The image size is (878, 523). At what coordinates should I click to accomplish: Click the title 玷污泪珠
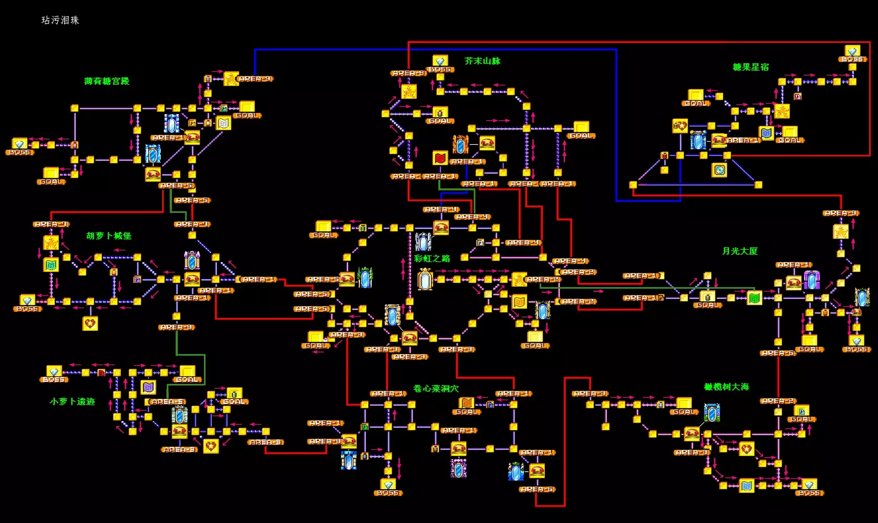tap(60, 20)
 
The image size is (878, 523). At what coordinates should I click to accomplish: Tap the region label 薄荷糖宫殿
tap(107, 81)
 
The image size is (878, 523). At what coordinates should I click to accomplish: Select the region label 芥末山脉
tap(482, 61)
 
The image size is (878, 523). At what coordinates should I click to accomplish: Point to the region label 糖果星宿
tap(751, 67)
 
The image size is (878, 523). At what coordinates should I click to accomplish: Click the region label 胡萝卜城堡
tap(109, 236)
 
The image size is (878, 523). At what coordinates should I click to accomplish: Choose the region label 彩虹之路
tap(432, 258)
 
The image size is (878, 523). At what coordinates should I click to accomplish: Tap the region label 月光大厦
tap(740, 251)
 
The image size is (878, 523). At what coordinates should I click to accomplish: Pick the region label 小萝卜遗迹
tap(72, 402)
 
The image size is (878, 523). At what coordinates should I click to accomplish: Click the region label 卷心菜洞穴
tap(436, 389)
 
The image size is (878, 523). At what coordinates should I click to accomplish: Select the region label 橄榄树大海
tap(727, 387)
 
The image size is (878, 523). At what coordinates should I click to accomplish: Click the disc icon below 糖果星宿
tap(720, 170)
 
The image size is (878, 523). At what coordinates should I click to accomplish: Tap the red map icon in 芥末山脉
tap(440, 157)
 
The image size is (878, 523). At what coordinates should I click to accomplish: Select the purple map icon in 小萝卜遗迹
tap(149, 388)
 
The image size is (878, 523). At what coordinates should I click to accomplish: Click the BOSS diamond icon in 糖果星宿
tap(852, 51)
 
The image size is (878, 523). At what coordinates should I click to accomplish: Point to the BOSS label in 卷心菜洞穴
tap(388, 493)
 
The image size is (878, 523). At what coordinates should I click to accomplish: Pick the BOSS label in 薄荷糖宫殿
tap(20, 152)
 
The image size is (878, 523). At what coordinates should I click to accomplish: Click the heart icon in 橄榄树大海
tap(747, 449)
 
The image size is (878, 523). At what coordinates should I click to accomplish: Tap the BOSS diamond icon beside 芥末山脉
tap(440, 61)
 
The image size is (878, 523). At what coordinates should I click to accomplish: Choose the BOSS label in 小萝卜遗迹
tap(53, 380)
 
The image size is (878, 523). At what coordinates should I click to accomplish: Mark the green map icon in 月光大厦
tap(754, 298)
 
